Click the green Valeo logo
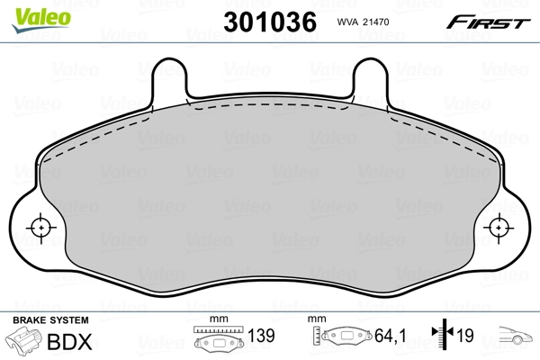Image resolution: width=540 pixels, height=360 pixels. [x=41, y=20]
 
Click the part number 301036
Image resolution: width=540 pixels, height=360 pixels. [x=270, y=22]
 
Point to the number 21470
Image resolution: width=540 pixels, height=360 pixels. [x=376, y=22]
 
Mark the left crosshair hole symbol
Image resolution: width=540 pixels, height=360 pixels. [x=41, y=228]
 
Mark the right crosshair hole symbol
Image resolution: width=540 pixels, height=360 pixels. [x=499, y=228]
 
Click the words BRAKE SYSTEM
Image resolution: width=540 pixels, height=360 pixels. [x=50, y=320]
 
